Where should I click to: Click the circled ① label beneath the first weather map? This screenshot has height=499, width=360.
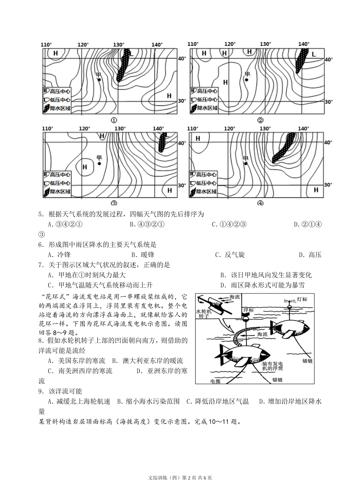[114, 120]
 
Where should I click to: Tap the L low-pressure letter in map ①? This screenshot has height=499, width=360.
[131, 54]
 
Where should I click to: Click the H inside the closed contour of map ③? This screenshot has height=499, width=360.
[85, 167]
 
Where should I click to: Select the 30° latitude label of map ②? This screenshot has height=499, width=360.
[328, 102]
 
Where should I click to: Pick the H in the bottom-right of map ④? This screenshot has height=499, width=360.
[316, 190]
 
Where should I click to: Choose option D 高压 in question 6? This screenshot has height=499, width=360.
[310, 255]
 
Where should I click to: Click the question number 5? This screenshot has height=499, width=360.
[41, 214]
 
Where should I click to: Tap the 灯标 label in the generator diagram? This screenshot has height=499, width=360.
[302, 299]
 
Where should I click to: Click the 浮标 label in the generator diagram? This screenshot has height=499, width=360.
[249, 310]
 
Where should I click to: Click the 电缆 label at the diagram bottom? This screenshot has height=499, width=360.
[215, 381]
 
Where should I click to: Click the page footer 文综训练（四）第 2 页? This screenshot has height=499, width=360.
[180, 477]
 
